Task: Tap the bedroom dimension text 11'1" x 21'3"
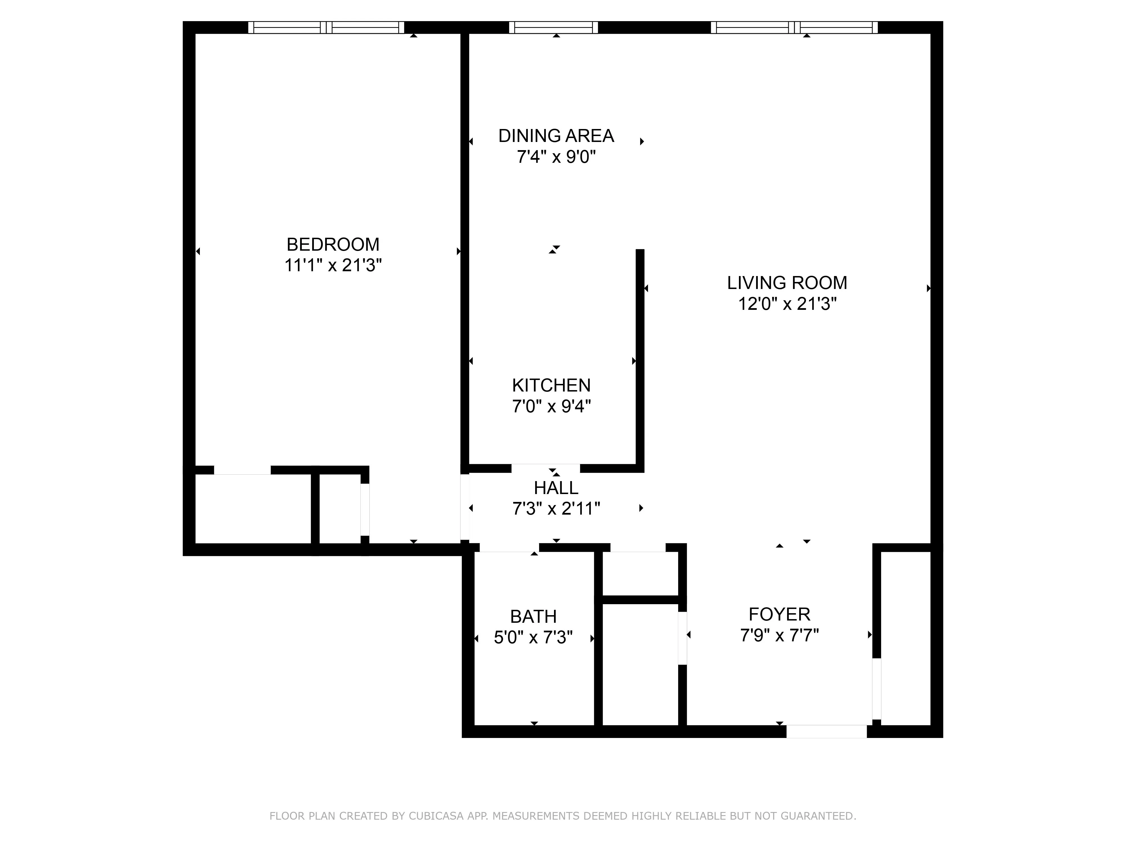tap(333, 265)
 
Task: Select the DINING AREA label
tap(556, 136)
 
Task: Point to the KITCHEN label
tap(551, 386)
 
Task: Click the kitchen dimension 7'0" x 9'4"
tap(551, 406)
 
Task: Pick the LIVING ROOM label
tap(787, 283)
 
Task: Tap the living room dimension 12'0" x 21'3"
tap(787, 304)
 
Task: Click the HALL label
tap(556, 488)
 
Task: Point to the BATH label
tap(533, 617)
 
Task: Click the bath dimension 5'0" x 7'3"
tap(533, 638)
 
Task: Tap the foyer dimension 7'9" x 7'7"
tap(779, 636)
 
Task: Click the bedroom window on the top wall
tap(326, 28)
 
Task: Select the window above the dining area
tap(553, 28)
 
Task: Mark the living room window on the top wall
tap(794, 28)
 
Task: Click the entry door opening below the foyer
tap(826, 731)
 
